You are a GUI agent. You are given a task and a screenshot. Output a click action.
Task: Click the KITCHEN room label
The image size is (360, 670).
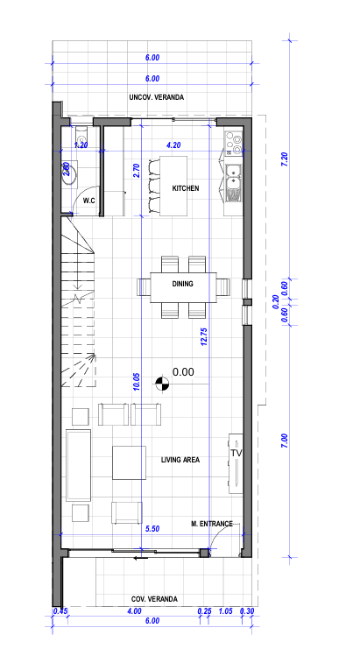pyautogui.click(x=186, y=188)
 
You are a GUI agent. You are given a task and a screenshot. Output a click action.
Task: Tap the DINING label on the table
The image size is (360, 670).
pyautogui.click(x=182, y=284)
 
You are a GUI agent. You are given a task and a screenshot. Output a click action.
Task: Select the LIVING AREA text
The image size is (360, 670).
pyautogui.click(x=180, y=460)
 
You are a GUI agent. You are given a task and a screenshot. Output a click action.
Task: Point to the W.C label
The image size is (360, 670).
pyautogui.click(x=89, y=201)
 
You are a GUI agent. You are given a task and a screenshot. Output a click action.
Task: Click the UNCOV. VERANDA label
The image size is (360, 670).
pyautogui.click(x=157, y=97)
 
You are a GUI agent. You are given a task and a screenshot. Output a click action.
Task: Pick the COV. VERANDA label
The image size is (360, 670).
pyautogui.click(x=154, y=599)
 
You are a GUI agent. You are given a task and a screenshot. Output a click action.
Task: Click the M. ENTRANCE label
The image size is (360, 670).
pyautogui.click(x=212, y=524)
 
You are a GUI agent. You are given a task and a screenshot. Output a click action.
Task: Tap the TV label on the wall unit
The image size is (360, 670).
pyautogui.click(x=236, y=453)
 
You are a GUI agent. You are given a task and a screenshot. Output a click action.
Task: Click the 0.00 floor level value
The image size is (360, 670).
pyautogui.click(x=183, y=372)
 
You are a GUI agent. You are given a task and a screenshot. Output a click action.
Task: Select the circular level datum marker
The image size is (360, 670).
pyautogui.click(x=162, y=384)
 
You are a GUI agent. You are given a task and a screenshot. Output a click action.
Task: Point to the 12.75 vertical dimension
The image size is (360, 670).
pyautogui.click(x=204, y=336)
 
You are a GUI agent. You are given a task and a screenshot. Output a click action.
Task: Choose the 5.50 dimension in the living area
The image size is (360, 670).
pyautogui.click(x=152, y=529)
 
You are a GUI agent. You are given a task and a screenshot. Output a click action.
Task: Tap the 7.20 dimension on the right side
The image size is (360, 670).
pyautogui.click(x=285, y=159)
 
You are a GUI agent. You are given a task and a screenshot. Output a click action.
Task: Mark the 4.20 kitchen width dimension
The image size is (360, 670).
pyautogui.click(x=173, y=145)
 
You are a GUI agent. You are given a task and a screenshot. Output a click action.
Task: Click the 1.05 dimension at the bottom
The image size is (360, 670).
pyautogui.click(x=225, y=611)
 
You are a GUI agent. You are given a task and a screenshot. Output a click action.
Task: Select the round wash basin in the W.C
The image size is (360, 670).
pyautogui.click(x=68, y=173)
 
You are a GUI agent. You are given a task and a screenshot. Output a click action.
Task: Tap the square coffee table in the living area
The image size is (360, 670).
pyautogui.click(x=129, y=462)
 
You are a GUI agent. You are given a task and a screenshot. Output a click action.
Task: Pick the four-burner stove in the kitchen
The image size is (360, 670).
pyautogui.click(x=234, y=142)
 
